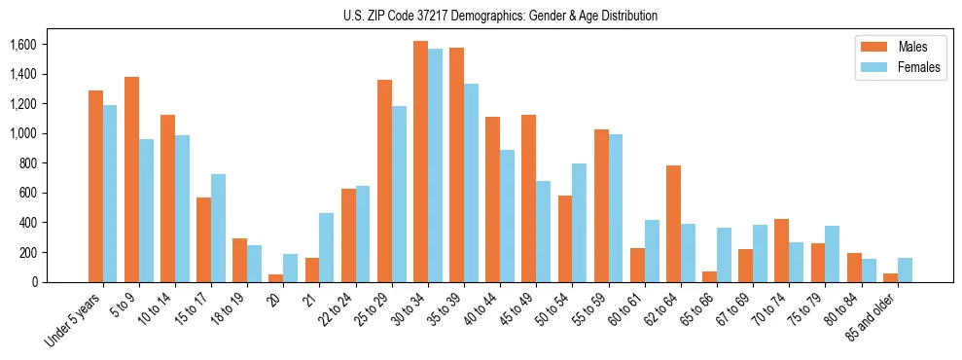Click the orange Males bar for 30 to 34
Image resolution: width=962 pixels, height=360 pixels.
coord(420,162)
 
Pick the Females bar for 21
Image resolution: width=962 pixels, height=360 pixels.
coord(327,247)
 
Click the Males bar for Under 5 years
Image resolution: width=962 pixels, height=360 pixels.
coord(95,186)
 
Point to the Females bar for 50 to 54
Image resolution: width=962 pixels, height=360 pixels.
coord(579,223)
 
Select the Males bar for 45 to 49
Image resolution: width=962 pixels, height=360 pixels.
coord(528,198)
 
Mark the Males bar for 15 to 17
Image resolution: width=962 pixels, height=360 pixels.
coord(203,239)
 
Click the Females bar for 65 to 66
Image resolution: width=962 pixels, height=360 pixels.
coord(724,255)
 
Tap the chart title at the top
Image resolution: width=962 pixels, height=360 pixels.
coord(500,16)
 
